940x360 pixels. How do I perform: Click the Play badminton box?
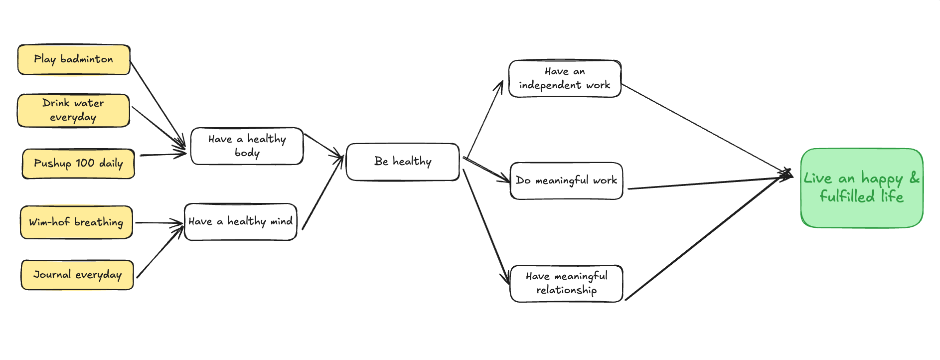[x=74, y=60]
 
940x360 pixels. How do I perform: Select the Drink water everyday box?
[x=73, y=110]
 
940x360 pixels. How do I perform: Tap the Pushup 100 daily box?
[x=78, y=164]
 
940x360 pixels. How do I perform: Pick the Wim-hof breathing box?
[x=76, y=222]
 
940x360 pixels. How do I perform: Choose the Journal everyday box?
[x=77, y=275]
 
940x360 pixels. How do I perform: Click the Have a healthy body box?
[x=247, y=146]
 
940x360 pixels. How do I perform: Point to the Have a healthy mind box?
[x=240, y=222]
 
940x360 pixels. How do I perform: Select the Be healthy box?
[x=402, y=162]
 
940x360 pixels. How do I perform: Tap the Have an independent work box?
[x=565, y=79]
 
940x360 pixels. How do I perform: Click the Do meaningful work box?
[x=566, y=180]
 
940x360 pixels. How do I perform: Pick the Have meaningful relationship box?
[x=566, y=283]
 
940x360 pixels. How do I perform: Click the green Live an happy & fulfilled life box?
[x=861, y=188]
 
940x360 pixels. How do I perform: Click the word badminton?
[x=87, y=59]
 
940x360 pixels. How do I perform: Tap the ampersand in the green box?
[x=914, y=178]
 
